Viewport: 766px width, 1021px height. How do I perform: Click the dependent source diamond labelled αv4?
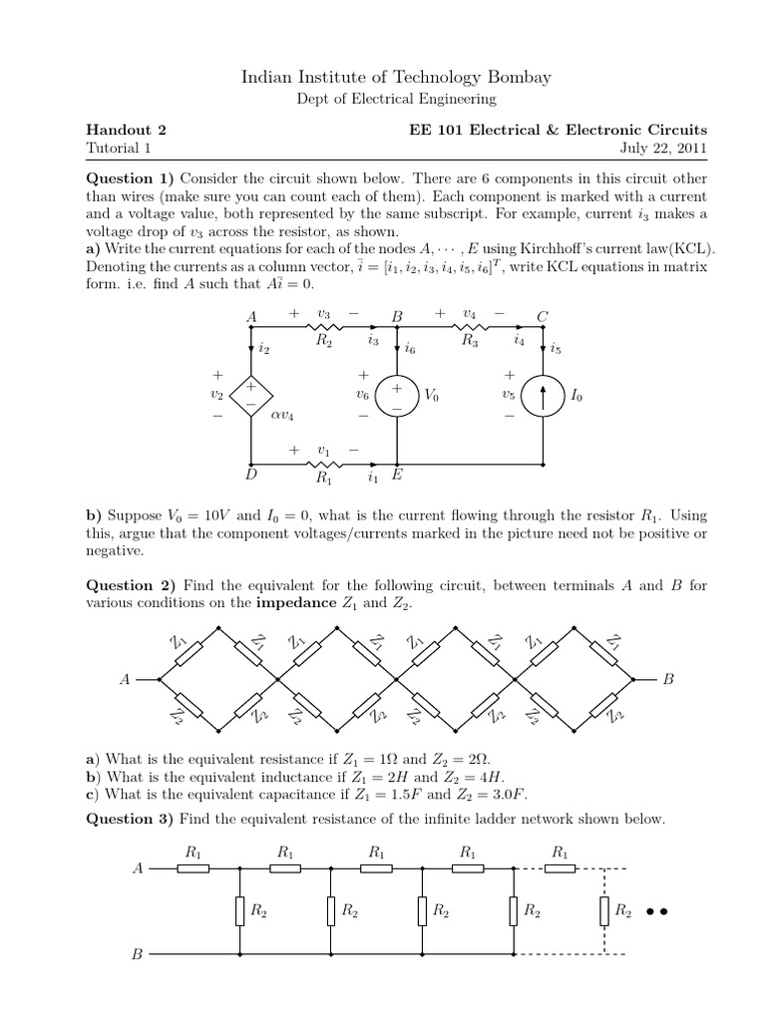250,395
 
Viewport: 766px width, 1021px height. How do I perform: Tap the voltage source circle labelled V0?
397,395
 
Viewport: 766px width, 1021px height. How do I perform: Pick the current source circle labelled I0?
544,396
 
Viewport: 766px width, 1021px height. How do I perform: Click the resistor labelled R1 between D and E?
323,465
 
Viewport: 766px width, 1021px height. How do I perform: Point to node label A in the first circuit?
250,316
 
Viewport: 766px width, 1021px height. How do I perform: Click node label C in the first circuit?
544,316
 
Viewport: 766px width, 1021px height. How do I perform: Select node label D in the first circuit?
251,477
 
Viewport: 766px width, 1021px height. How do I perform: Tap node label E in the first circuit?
397,477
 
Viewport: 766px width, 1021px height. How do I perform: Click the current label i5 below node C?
556,349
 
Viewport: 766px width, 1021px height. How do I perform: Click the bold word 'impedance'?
292,603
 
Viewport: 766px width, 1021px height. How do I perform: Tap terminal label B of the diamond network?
669,679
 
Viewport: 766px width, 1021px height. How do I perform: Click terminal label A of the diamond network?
125,679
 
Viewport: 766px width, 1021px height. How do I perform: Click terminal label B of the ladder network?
139,954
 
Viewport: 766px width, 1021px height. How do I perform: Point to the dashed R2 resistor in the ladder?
604,910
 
